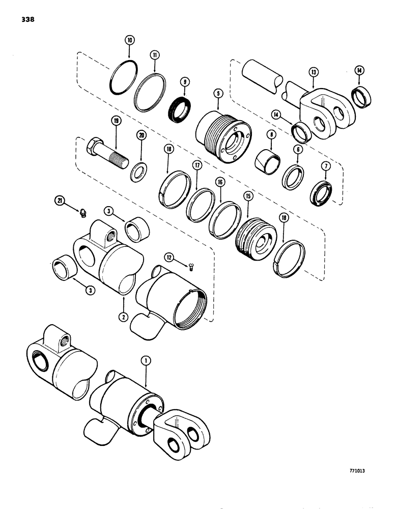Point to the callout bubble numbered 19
(x=116, y=122)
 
